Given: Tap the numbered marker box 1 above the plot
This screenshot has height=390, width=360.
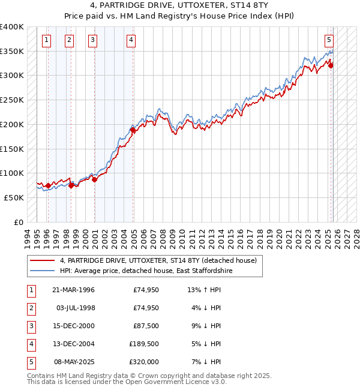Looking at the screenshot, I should coord(47,40).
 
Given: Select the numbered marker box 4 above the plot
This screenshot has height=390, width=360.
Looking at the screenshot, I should coord(131,40).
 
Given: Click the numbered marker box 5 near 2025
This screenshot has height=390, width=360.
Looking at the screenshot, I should coord(329,40).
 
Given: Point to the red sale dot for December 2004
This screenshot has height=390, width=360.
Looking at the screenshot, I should coord(133,129).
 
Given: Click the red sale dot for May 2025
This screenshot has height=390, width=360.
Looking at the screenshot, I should coord(331,65).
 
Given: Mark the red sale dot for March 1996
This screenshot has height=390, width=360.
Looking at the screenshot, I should coord(48,185).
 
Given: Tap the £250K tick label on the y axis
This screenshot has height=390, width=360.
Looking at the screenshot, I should coord(12,100).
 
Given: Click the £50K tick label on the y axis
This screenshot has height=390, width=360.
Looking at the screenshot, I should coord(14,197).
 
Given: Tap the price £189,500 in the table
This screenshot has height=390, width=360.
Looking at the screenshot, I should coord(144,344).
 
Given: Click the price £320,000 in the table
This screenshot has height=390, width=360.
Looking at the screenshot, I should coord(144,362).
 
